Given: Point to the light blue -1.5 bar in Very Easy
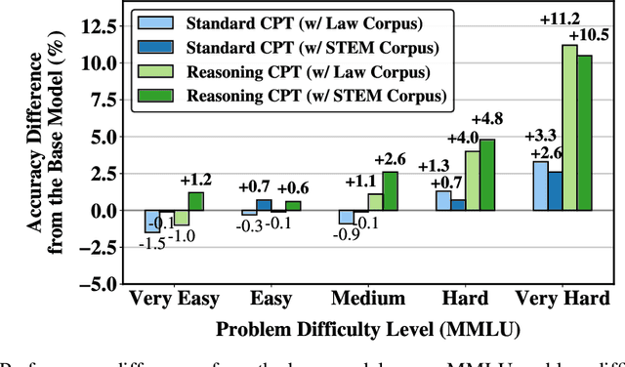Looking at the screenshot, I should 151,222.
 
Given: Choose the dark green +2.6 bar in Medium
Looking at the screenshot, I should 392,191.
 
